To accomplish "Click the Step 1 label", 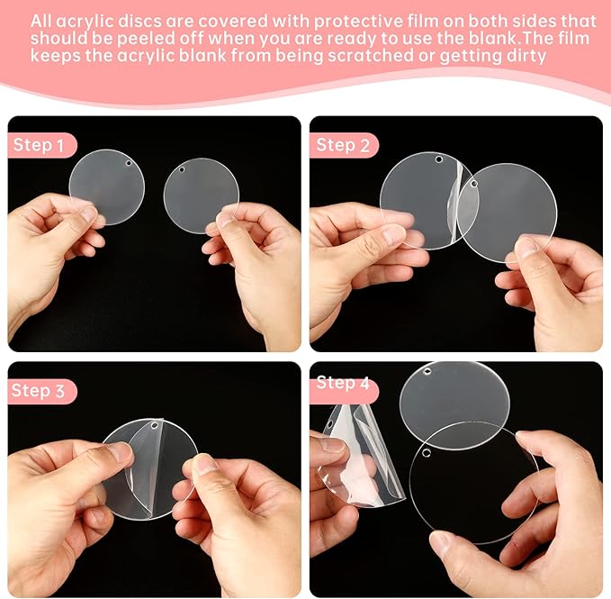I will click(x=40, y=145).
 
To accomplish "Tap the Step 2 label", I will click(x=343, y=145).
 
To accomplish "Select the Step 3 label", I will click(x=40, y=391).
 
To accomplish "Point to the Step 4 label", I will click(x=343, y=384).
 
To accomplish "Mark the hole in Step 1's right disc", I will click(x=181, y=168).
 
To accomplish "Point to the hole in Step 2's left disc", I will click(x=439, y=159).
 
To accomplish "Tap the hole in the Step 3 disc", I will click(x=154, y=424).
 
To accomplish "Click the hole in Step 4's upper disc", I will click(x=428, y=371).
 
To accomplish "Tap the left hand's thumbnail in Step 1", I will click(x=88, y=213).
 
